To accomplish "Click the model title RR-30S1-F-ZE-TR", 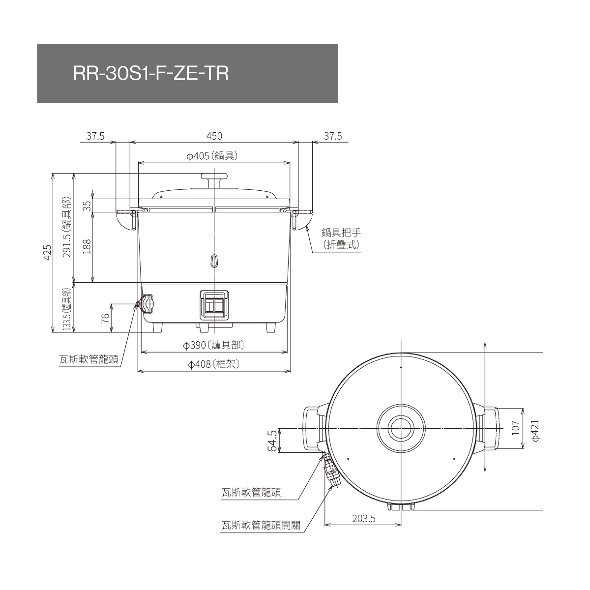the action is pos(151,74).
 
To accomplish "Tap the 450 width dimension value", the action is pos(214,136).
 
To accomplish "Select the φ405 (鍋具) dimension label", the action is pos(212,156).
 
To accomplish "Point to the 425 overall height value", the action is pos(48,252).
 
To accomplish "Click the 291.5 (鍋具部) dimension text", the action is pos(67,227).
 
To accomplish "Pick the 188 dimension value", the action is pos(87,246).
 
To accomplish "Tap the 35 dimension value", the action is pos(88,206).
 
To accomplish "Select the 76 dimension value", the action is pos(105,319).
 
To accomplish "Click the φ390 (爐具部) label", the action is pos(213,345).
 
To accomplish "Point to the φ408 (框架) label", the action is pos(213,364).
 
